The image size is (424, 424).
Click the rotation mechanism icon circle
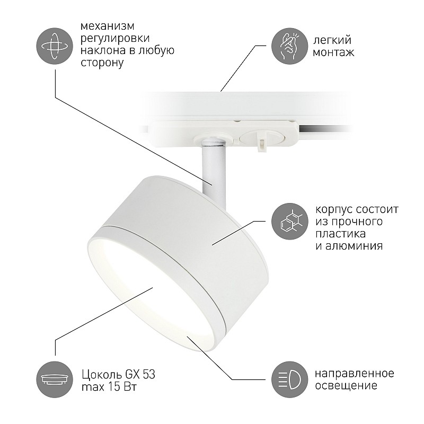pos(55,46)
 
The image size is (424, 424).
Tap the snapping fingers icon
pos(289,46)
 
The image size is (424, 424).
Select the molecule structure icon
pos(289,221)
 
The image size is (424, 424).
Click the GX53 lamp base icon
pos(55,379)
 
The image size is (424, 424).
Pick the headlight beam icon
pos(289,379)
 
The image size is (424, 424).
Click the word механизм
pos(108,26)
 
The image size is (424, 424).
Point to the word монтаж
pos(333,52)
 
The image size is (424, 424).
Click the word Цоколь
pos(102,375)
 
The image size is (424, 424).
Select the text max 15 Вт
pos(109,387)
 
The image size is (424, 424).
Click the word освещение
pos(346,385)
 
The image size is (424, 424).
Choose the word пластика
pos(340,233)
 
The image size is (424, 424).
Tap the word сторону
pos(102,63)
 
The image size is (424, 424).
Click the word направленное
pos(355,374)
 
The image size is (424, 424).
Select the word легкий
pos(332,40)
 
